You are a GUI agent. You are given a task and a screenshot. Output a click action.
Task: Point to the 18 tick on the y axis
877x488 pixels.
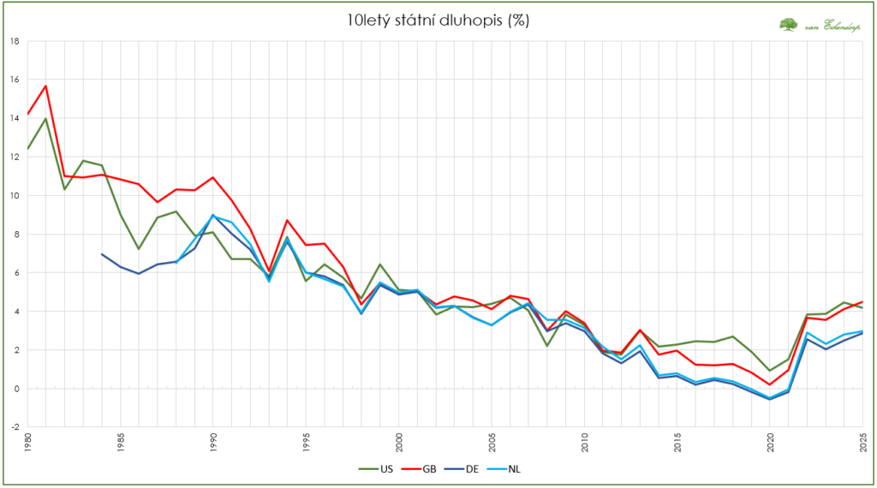15,41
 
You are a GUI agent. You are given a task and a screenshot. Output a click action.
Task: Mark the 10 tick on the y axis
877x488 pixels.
15,195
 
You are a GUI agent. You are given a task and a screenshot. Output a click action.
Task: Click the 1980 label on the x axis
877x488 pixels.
28,443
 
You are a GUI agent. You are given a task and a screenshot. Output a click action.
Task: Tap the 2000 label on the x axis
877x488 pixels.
398,443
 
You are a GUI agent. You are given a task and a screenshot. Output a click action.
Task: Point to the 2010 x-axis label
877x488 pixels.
583,443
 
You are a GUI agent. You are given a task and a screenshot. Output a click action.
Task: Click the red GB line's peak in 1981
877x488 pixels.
45,86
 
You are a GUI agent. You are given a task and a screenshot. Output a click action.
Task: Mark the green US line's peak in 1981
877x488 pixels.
45,119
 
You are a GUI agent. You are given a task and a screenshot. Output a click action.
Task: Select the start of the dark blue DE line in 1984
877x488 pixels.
102,254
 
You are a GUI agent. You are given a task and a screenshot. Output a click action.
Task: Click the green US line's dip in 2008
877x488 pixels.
546,345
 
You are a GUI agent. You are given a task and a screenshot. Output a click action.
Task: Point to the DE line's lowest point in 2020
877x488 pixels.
770,399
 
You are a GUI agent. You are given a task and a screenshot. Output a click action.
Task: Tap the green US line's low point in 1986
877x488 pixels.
139,249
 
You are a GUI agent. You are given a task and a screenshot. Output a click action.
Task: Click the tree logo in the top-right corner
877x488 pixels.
788,25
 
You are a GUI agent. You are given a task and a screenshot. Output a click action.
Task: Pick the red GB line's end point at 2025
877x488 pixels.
862,301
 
